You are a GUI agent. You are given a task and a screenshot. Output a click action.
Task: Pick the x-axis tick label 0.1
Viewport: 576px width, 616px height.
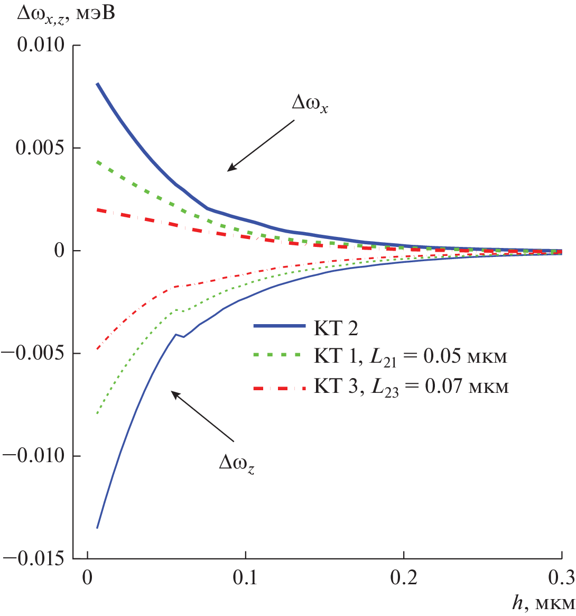[245, 576]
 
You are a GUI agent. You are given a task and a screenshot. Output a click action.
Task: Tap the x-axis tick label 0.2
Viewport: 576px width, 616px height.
[403, 576]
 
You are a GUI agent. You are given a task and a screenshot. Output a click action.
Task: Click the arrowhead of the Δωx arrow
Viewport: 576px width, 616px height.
[229, 170]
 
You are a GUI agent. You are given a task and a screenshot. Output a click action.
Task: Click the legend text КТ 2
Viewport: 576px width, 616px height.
[336, 328]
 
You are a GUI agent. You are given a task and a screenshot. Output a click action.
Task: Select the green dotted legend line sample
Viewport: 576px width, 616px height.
[279, 358]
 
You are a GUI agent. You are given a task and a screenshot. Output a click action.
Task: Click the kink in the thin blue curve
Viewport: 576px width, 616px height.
[176, 334]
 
